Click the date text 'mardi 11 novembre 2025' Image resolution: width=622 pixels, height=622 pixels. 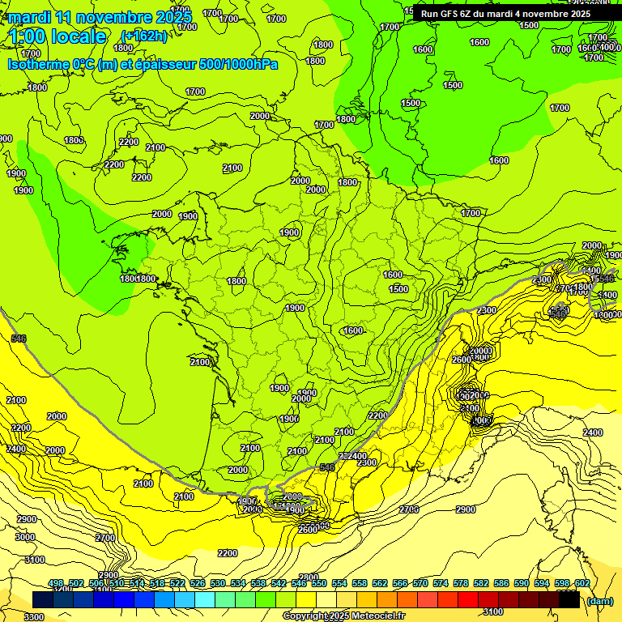click(100, 17)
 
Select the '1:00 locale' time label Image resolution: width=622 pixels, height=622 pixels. click(58, 36)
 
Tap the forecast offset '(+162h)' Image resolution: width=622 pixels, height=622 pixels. click(143, 36)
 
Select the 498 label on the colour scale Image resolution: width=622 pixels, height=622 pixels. click(56, 583)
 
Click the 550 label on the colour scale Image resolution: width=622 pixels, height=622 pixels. click(319, 583)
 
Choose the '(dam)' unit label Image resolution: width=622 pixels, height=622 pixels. click(600, 601)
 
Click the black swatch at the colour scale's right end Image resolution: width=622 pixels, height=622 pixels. click(569, 600)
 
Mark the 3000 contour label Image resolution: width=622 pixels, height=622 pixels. click(25, 537)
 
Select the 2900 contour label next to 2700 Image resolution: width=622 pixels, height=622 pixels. click(465, 509)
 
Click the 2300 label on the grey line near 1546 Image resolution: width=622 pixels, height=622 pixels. click(543, 280)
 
